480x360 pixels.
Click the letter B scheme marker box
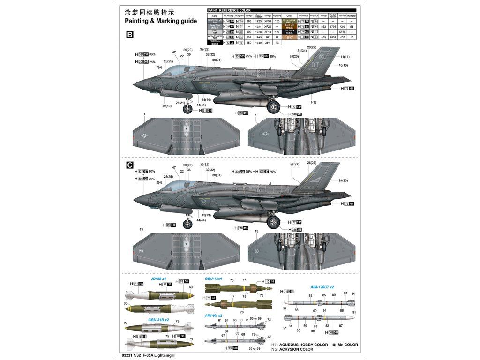(x=130, y=35)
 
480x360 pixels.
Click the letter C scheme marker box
(x=130, y=165)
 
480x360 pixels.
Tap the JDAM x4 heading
(x=158, y=278)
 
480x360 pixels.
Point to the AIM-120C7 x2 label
(x=322, y=287)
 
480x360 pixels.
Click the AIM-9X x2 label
(x=214, y=315)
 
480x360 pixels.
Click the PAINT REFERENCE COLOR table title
(x=229, y=10)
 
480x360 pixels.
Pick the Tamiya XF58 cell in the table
(x=268, y=21)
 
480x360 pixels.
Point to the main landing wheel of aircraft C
(x=273, y=222)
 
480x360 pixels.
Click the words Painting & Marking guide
(x=157, y=22)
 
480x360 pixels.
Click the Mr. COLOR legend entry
(x=348, y=345)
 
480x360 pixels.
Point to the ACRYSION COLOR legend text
(x=296, y=349)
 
